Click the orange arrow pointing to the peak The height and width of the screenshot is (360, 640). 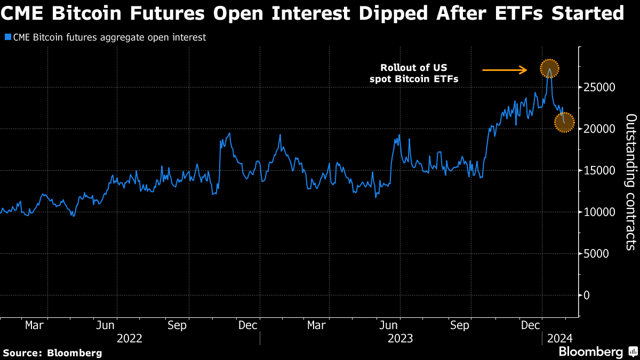tap(505, 70)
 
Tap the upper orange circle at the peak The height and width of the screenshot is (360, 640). tap(549, 68)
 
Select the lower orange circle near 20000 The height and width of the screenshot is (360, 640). tap(564, 122)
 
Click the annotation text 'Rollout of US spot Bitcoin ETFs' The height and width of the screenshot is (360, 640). tap(414, 74)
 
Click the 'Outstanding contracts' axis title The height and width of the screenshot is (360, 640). tap(630, 182)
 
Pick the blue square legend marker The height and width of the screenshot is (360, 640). tap(7, 37)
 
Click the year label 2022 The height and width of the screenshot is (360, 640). tap(129, 338)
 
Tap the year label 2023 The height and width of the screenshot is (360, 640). tap(400, 338)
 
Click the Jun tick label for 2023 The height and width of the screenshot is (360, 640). tap(390, 325)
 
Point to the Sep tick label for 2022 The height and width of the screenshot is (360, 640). tap(177, 325)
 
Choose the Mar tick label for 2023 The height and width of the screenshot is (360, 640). tap(317, 325)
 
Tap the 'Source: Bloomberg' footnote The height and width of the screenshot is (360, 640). tap(52, 353)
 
